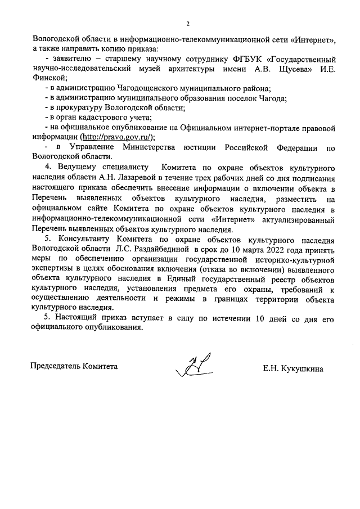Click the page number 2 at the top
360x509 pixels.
point(188,24)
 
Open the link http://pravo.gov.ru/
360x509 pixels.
point(118,137)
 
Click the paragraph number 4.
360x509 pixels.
point(48,168)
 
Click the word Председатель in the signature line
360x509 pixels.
point(55,366)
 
